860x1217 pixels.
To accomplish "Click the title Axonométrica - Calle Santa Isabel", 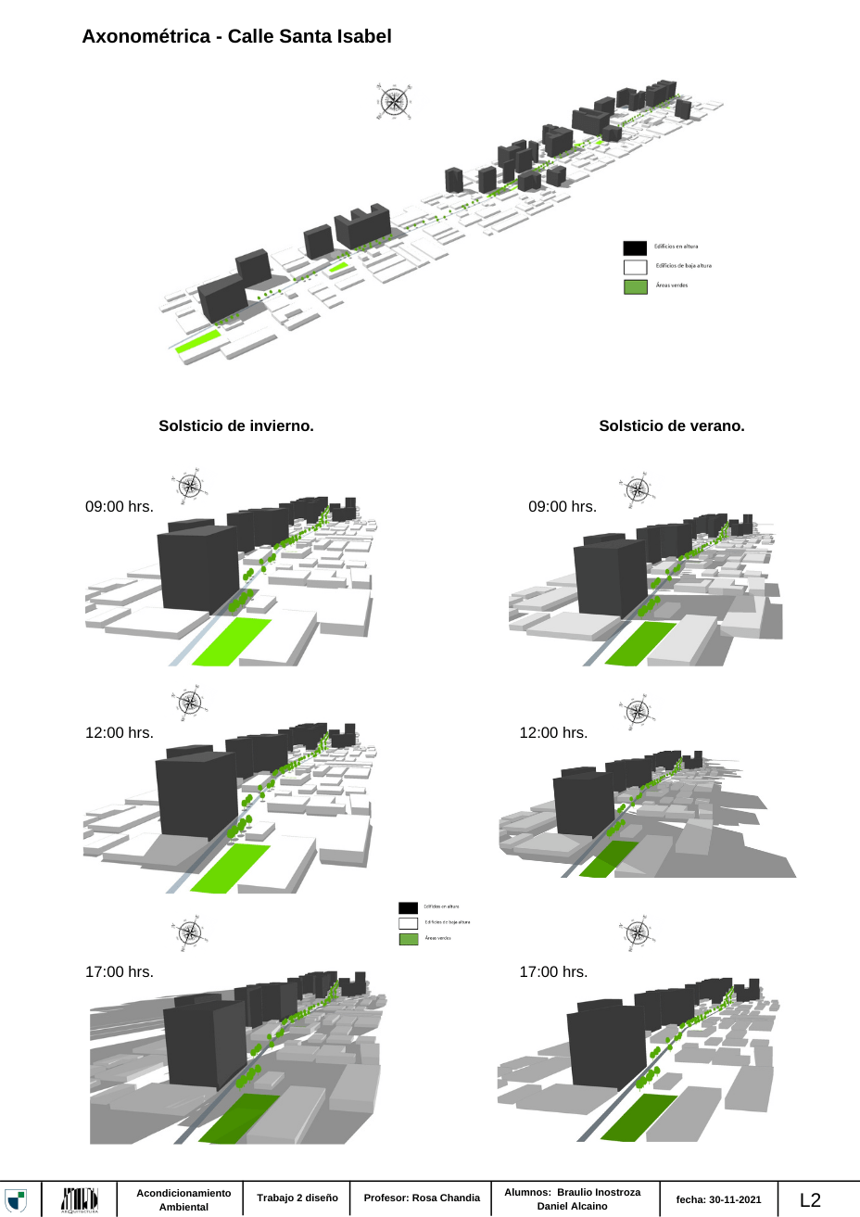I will [x=236, y=36].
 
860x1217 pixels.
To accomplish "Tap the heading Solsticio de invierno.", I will [x=235, y=426].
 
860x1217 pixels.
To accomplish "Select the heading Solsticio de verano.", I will [x=671, y=426].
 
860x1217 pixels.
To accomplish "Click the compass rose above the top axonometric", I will [x=394, y=101].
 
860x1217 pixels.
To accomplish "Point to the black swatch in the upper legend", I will [x=635, y=247].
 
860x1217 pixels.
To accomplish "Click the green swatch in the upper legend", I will [x=635, y=286].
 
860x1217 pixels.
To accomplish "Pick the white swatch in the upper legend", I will [x=635, y=267].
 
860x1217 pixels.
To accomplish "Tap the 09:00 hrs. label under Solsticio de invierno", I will [x=120, y=507].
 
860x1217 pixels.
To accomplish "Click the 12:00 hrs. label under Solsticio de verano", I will [x=553, y=733].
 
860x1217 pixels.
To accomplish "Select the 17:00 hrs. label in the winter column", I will [x=120, y=972].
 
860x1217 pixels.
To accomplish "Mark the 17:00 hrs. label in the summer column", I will [x=553, y=972].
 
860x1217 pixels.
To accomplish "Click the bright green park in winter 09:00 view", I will [x=231, y=641].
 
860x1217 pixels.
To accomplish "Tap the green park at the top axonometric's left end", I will [x=198, y=340].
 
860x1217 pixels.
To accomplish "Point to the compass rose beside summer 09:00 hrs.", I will [x=637, y=489].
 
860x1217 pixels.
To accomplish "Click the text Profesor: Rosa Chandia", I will [x=422, y=1198].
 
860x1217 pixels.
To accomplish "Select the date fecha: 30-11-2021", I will [x=718, y=1199].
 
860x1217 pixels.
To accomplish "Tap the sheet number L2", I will [x=810, y=1200].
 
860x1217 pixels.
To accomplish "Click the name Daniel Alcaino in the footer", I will [x=572, y=1206].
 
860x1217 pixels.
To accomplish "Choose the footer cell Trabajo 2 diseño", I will [x=297, y=1198].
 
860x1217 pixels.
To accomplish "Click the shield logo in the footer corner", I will [x=16, y=1199].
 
